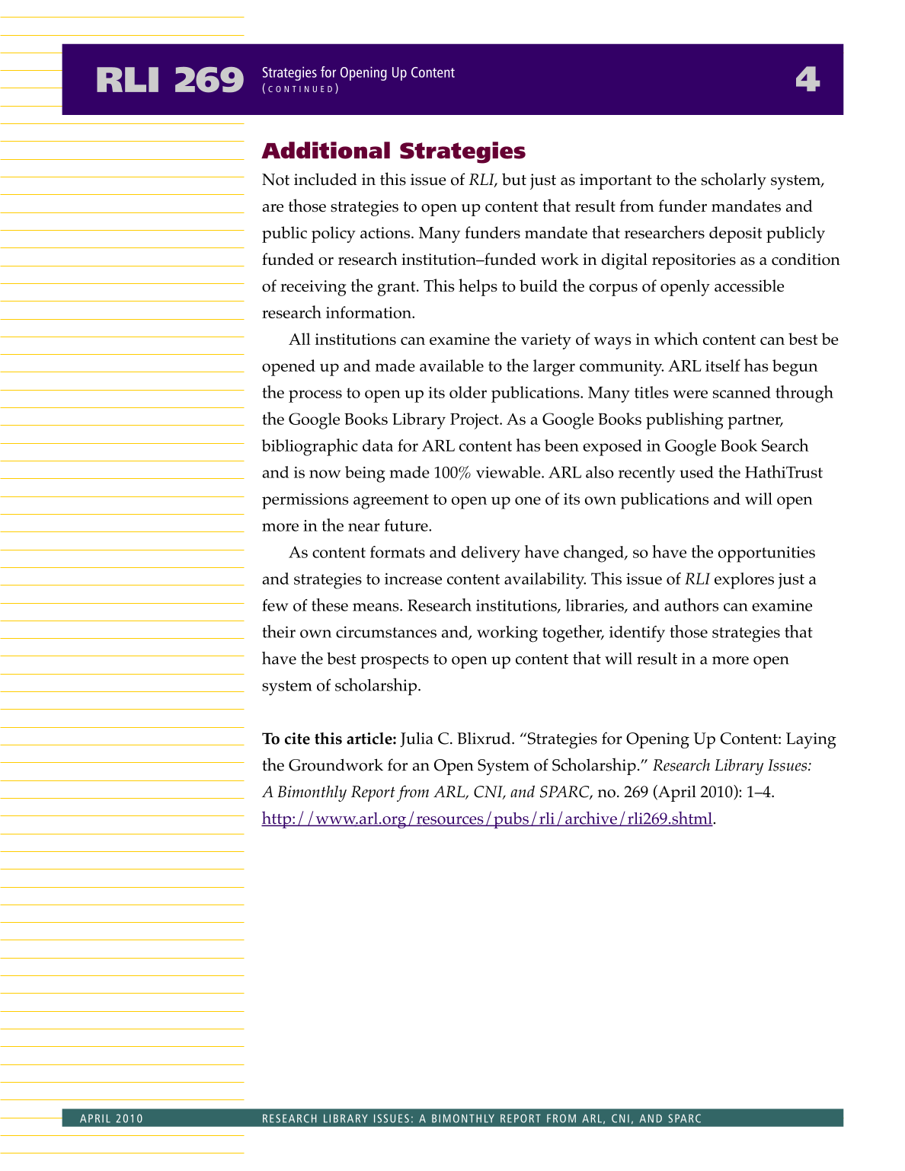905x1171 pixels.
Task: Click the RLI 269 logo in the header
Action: pyautogui.click(x=170, y=80)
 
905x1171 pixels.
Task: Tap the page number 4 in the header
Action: pyautogui.click(x=807, y=79)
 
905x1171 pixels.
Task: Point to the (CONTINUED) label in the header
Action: pyautogui.click(x=300, y=89)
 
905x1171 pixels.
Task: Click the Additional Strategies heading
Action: pyautogui.click(x=393, y=151)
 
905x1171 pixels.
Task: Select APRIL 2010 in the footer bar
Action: pyautogui.click(x=111, y=1118)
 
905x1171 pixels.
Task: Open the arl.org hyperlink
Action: pyautogui.click(x=487, y=818)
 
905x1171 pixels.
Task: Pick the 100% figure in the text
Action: pyautogui.click(x=452, y=473)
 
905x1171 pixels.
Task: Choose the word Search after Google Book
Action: pyautogui.click(x=785, y=446)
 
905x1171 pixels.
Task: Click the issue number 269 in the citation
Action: pyautogui.click(x=635, y=793)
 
